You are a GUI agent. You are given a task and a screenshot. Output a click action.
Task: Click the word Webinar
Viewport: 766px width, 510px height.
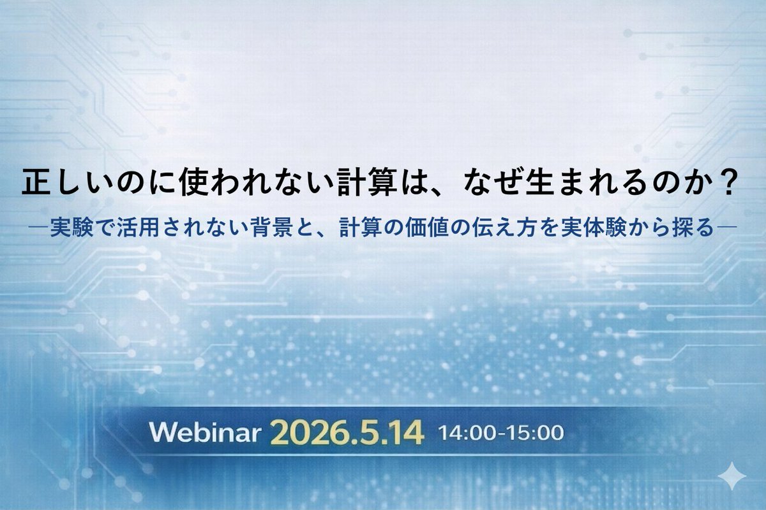205,433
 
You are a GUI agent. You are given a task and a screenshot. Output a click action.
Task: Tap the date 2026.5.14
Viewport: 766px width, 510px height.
347,433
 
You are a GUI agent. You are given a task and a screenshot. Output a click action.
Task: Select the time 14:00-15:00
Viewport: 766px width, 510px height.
501,434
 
